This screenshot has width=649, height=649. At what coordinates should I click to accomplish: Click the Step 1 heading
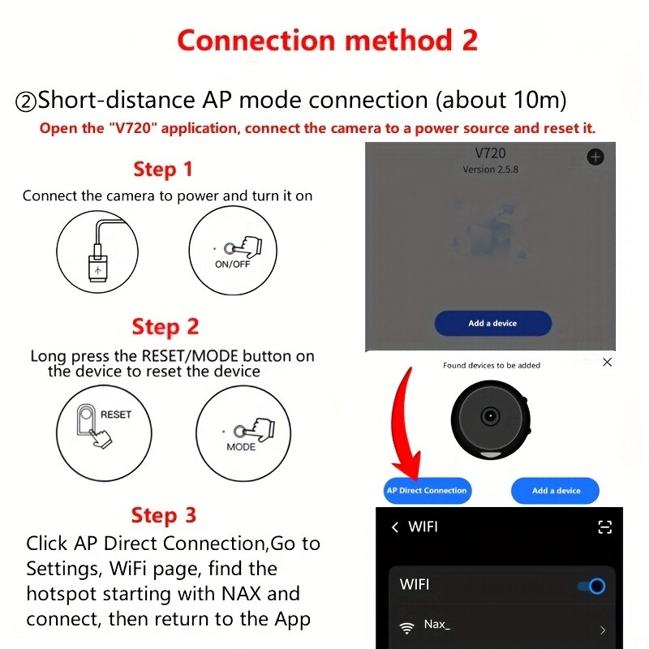[163, 169]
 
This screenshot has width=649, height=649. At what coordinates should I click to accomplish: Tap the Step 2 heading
[165, 327]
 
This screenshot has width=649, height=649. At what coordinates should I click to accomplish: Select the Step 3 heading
[164, 515]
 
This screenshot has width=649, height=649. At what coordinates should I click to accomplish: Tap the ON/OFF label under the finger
[232, 264]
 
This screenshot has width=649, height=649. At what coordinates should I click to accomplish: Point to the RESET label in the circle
[116, 415]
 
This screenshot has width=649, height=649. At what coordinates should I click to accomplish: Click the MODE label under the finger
[241, 447]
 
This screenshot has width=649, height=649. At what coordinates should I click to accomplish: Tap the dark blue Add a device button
[493, 323]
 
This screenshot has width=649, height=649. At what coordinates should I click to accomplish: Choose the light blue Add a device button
[556, 491]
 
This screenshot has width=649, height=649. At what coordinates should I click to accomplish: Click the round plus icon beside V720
[595, 157]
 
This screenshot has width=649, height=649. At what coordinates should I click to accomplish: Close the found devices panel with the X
[607, 362]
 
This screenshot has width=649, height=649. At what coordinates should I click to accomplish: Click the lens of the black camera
[491, 415]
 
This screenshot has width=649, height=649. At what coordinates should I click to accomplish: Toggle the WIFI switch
[592, 586]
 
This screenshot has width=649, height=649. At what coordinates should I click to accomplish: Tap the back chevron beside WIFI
[395, 527]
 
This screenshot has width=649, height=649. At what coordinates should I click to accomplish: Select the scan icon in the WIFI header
[604, 527]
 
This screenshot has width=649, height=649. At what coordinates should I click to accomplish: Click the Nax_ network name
[437, 624]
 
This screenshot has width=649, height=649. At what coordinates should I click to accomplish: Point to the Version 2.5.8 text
[491, 170]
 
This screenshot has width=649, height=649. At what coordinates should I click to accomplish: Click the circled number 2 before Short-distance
[26, 101]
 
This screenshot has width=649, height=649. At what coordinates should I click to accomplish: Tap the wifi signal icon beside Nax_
[407, 628]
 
